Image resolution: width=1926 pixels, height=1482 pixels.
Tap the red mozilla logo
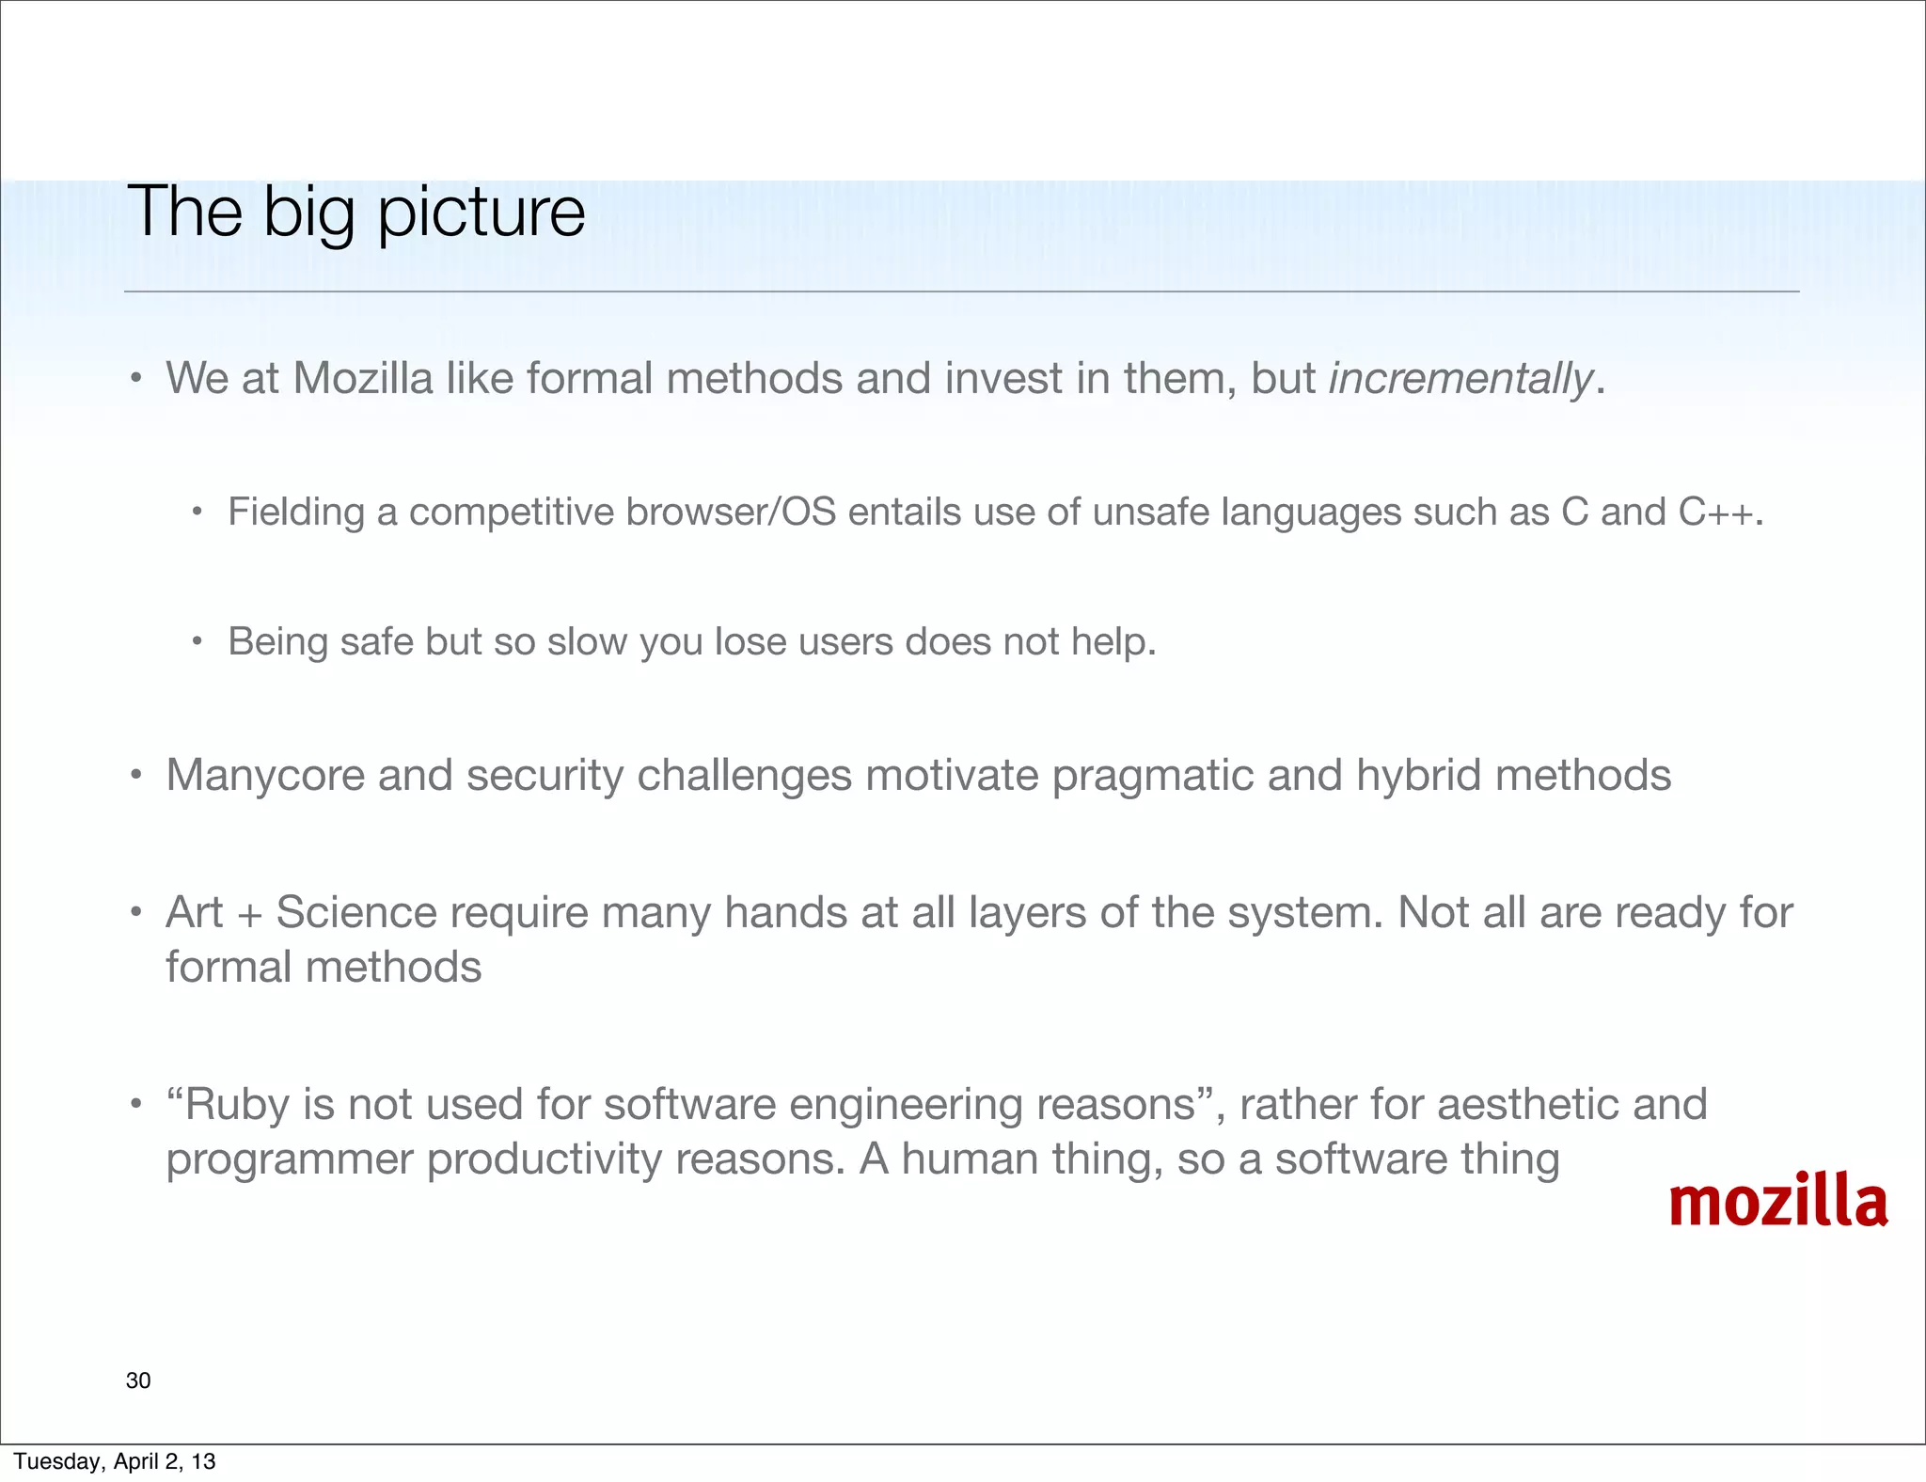[x=1777, y=1203]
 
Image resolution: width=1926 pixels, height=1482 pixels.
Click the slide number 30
[x=138, y=1380]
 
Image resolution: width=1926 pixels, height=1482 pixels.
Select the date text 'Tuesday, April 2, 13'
[x=115, y=1461]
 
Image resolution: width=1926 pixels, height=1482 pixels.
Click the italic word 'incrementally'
[x=1460, y=379]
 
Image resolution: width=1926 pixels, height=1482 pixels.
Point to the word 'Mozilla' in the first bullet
[x=363, y=379]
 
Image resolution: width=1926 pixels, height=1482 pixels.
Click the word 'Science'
[x=356, y=913]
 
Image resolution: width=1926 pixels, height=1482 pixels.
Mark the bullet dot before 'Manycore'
[x=136, y=777]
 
